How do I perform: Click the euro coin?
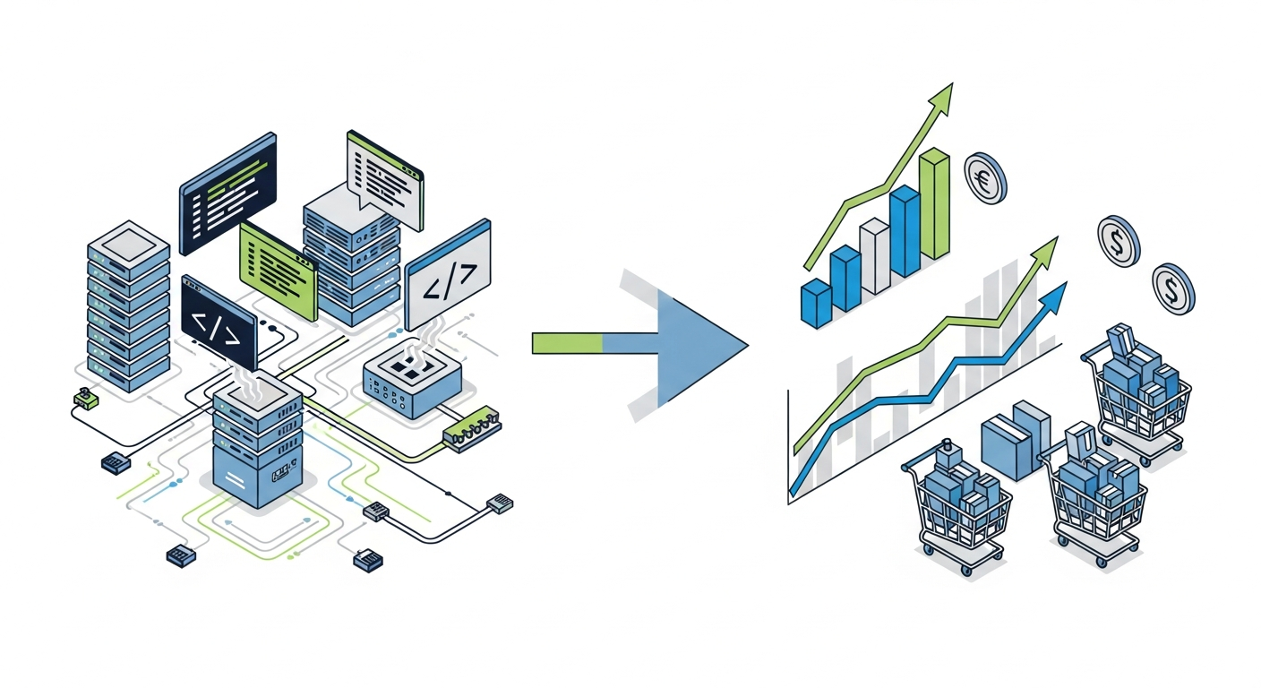984,177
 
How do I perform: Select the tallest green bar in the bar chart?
933,205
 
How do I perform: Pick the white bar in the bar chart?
874,256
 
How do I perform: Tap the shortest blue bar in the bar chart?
816,302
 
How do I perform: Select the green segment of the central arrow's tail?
567,343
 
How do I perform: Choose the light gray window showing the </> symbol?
448,275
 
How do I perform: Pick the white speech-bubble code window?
384,177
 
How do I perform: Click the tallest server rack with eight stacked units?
128,305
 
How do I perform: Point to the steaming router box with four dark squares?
412,383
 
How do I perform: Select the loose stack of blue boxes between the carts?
1016,439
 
